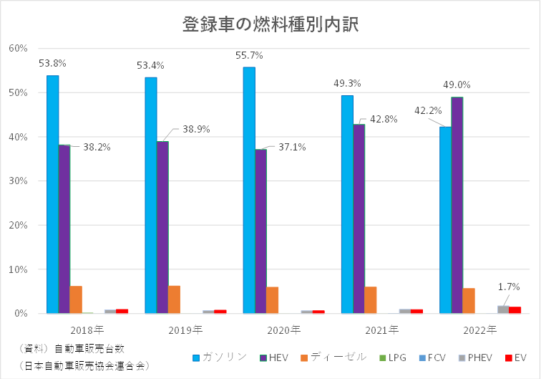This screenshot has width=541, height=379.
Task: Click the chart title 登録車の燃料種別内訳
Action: (270, 24)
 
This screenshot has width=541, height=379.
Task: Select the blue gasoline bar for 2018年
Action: (52, 193)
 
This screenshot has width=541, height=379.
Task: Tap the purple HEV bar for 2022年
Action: (457, 204)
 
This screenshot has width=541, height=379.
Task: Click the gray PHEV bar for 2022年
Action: (502, 310)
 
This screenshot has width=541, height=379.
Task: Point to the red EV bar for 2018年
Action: (122, 311)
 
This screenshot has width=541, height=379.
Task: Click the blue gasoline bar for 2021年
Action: (347, 204)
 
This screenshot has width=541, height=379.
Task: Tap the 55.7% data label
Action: (248, 55)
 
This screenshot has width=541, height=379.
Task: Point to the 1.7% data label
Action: (508, 287)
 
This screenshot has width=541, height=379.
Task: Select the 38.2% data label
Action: (97, 147)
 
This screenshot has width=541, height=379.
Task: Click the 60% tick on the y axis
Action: (17, 48)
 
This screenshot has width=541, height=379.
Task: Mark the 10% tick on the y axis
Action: (17, 269)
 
